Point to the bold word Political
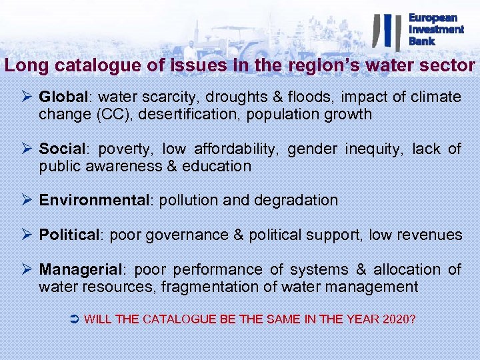[68, 235]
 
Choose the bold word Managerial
[81, 270]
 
